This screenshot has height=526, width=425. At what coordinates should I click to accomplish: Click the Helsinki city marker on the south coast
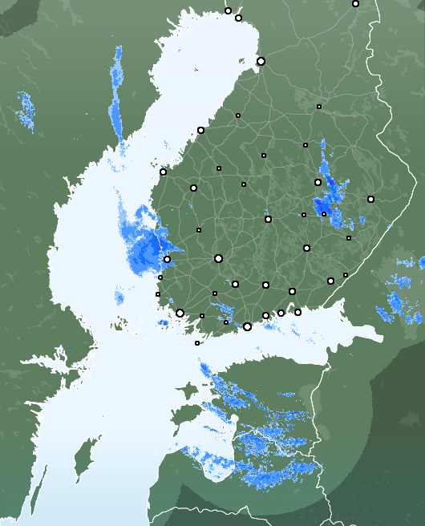(x=247, y=326)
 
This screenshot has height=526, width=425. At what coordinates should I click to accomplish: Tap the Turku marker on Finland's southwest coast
(x=180, y=314)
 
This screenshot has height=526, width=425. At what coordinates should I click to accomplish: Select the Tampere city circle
(x=218, y=258)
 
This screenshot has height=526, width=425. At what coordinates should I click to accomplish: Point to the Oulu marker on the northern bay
(x=261, y=61)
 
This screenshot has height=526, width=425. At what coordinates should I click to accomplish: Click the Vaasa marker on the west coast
(x=163, y=172)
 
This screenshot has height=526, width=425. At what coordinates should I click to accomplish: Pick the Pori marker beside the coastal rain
(x=167, y=259)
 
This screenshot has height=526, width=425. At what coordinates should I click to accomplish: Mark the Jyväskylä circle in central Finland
(x=268, y=219)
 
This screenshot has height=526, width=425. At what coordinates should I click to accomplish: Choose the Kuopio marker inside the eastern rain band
(x=318, y=182)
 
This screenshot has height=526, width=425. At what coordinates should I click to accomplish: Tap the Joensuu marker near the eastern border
(x=370, y=199)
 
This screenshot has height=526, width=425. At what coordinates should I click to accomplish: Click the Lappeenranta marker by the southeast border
(x=330, y=281)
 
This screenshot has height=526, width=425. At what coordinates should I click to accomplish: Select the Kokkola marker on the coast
(x=200, y=130)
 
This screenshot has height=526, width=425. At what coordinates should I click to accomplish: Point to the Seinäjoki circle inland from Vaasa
(x=192, y=188)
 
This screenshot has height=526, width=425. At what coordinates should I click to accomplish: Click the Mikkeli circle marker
(x=306, y=249)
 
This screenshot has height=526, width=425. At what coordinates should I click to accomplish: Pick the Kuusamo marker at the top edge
(x=355, y=3)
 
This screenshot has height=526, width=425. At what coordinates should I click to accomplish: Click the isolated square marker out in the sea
(x=197, y=343)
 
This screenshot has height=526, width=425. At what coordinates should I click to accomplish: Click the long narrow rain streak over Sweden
(x=117, y=88)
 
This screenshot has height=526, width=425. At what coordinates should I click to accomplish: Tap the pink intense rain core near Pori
(x=159, y=238)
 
